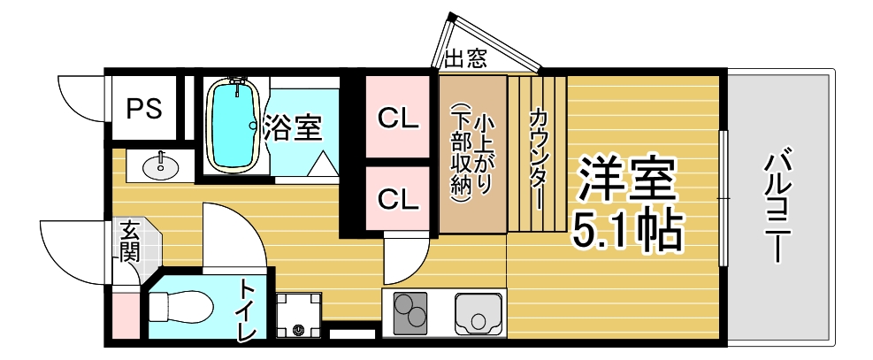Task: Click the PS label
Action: [x=143, y=109]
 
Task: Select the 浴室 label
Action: [x=292, y=127]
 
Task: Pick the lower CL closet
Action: [x=397, y=199]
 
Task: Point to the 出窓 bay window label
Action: [x=466, y=57]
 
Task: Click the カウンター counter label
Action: [x=538, y=158]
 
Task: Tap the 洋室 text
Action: [x=626, y=180]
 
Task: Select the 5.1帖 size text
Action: [x=627, y=230]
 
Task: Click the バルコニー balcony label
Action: [x=777, y=205]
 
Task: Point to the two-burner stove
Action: [x=410, y=314]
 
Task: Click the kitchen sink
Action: [x=478, y=314]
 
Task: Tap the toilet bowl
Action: [x=181, y=307]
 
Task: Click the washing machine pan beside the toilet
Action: [x=299, y=315]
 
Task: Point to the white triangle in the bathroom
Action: [x=323, y=165]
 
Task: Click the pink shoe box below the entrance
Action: [x=125, y=316]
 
